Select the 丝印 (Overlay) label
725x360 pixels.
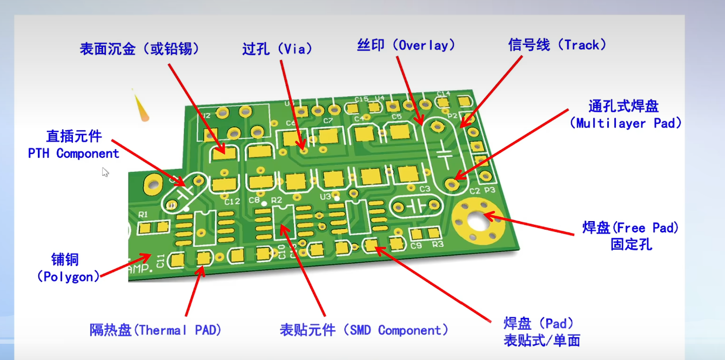click(x=406, y=45)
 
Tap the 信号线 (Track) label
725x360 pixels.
click(x=557, y=45)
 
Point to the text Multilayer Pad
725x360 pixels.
click(x=626, y=123)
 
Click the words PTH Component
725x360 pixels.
click(x=73, y=154)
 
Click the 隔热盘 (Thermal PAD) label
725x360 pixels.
click(x=156, y=330)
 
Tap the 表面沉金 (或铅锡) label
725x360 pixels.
click(x=139, y=49)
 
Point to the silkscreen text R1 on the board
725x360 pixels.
click(x=143, y=215)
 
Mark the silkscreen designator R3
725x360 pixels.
click(x=437, y=244)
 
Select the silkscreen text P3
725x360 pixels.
click(x=489, y=190)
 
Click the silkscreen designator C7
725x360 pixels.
click(x=328, y=121)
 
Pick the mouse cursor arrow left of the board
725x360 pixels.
click(x=105, y=172)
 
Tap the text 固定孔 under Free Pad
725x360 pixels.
click(x=631, y=244)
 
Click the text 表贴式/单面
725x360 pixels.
click(x=542, y=341)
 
